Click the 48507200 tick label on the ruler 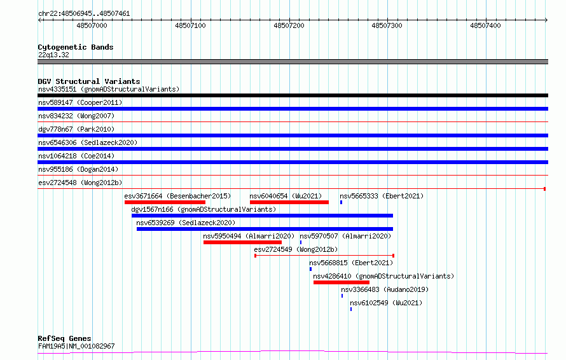point(289,25)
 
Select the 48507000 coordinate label point(92,25)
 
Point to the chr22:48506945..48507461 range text point(84,14)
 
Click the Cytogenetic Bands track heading point(76,47)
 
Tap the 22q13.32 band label point(53,55)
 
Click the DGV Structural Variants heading point(89,81)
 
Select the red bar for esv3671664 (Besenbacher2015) point(165,202)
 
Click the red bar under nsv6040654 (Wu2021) point(289,202)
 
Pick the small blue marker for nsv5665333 point(341,202)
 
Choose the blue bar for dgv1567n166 point(263,216)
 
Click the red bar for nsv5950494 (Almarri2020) point(242,242)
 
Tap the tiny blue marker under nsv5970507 point(301,242)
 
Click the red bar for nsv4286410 point(342,282)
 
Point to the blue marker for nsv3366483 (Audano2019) point(342,296)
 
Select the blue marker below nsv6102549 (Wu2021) point(351,309)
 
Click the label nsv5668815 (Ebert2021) point(351,263)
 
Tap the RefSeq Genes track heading point(64,338)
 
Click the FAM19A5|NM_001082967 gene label point(76,346)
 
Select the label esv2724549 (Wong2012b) point(296,249)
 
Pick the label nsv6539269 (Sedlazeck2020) point(186,223)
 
